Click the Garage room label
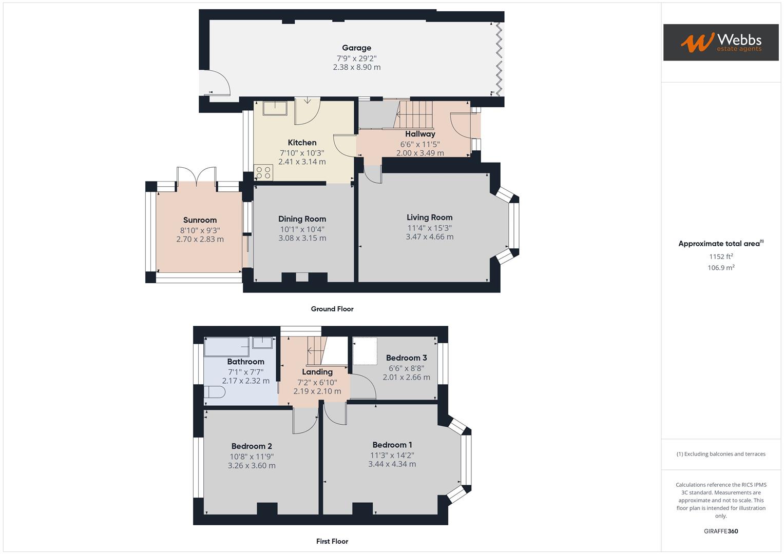[356, 48]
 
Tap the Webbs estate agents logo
[721, 43]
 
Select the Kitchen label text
[302, 143]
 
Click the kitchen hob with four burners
[263, 172]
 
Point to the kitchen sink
[275, 108]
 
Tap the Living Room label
[429, 217]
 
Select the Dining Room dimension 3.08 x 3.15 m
[302, 238]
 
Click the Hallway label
[420, 134]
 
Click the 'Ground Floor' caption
[332, 309]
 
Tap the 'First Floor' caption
[332, 541]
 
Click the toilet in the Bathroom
[214, 392]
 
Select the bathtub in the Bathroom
[226, 346]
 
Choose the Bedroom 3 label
[406, 358]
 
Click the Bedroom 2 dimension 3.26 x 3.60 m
[252, 466]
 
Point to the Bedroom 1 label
[392, 445]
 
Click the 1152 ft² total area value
[721, 256]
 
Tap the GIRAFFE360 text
[721, 531]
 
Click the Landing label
[317, 372]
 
